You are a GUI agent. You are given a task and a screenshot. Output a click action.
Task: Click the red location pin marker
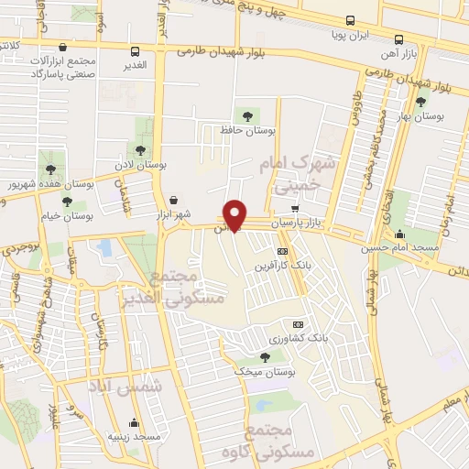coord(236,214)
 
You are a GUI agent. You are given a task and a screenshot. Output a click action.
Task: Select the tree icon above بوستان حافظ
coord(245,115)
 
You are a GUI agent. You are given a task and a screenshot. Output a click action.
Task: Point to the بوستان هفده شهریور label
coord(38,184)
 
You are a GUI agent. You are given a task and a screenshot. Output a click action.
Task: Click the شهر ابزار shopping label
coord(173,214)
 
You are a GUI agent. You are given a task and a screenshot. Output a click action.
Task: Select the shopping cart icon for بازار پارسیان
coord(294,209)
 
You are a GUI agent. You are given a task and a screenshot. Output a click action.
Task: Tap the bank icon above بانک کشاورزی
coord(297,324)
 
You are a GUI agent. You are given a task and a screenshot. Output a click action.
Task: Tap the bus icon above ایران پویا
coord(350,20)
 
